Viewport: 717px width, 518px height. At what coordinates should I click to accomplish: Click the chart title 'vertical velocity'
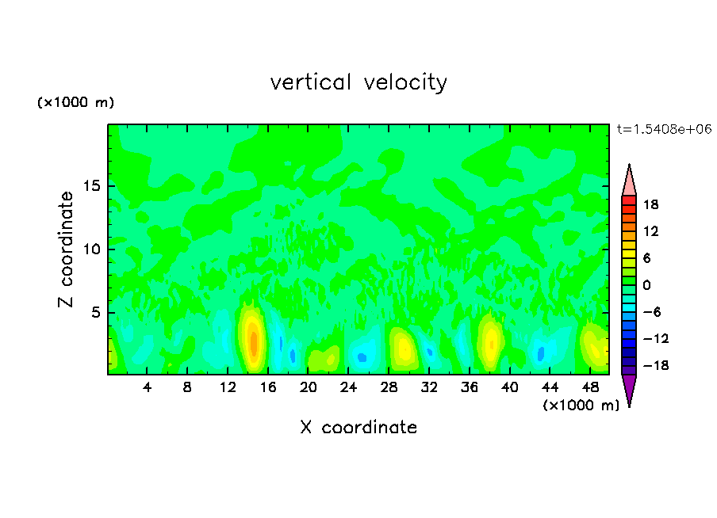358,82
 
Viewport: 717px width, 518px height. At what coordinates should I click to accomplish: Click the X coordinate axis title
358,428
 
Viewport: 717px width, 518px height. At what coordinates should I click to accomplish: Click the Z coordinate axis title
66,249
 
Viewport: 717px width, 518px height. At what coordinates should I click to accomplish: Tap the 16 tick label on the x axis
268,388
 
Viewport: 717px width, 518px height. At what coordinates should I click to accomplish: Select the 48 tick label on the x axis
589,388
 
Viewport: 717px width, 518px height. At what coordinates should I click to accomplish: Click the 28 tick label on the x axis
389,388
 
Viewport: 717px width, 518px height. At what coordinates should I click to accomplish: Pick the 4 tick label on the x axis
148,388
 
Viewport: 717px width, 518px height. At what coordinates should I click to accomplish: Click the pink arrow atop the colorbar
629,181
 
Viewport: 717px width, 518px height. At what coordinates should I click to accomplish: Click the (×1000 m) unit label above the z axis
76,103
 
